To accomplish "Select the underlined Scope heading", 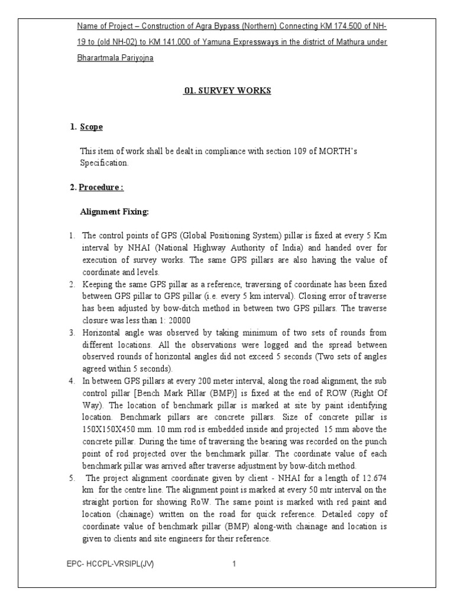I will coord(91,126).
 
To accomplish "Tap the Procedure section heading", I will coord(101,188).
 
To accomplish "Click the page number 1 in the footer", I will coord(234,564).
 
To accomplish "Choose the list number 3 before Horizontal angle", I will coord(71,333).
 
